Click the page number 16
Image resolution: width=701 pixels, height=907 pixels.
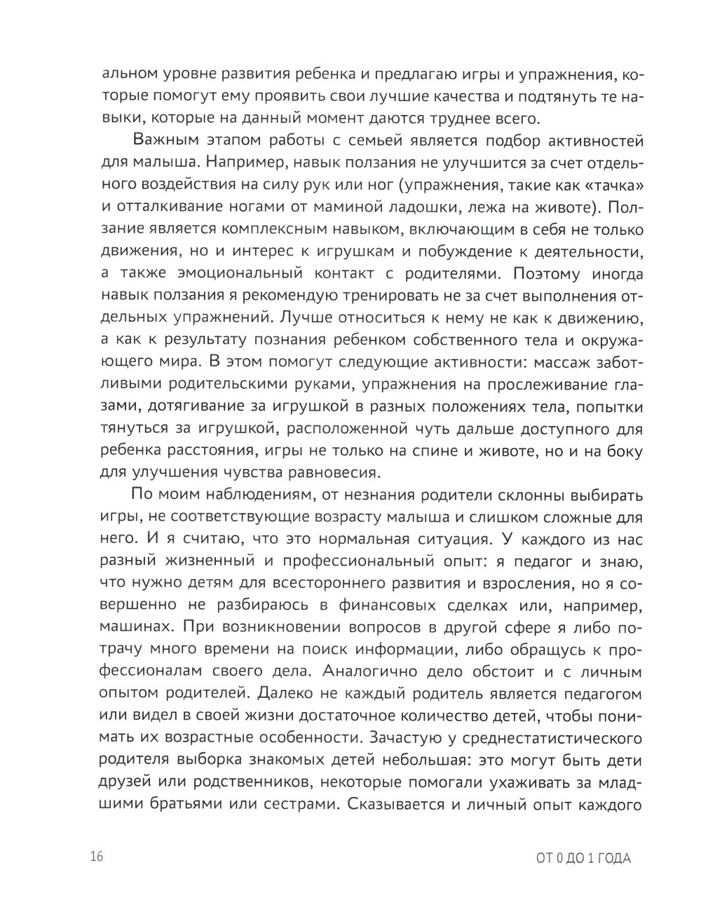(96, 857)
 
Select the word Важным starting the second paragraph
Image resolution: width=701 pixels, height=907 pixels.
(165, 139)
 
